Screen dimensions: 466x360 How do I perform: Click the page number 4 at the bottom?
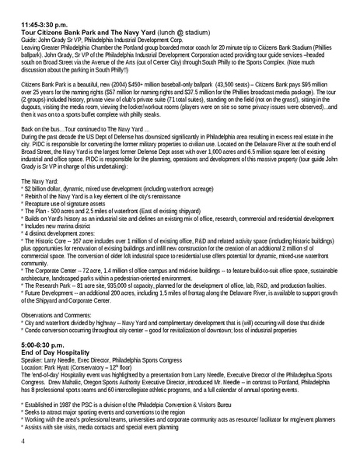tap(23, 441)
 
